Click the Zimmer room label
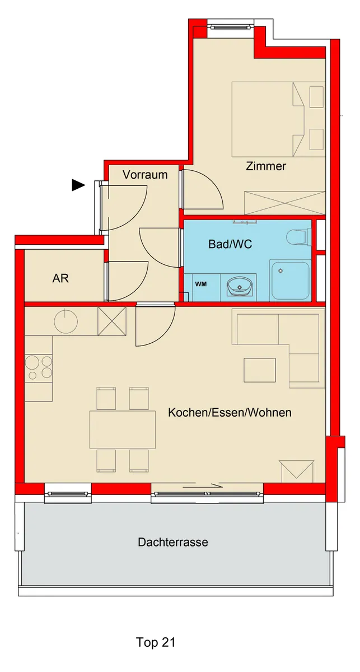(266, 166)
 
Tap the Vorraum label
(145, 175)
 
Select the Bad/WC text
(230, 244)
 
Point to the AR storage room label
(60, 278)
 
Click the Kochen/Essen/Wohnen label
(230, 413)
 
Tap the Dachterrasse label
(173, 542)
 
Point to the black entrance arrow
(78, 185)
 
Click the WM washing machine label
(201, 284)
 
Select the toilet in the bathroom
(297, 237)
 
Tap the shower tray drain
(281, 270)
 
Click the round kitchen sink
(66, 321)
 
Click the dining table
(123, 430)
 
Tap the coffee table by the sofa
(259, 370)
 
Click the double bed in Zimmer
(279, 119)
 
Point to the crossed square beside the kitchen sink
(112, 321)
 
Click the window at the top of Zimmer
(231, 27)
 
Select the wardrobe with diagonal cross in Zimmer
(285, 203)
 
